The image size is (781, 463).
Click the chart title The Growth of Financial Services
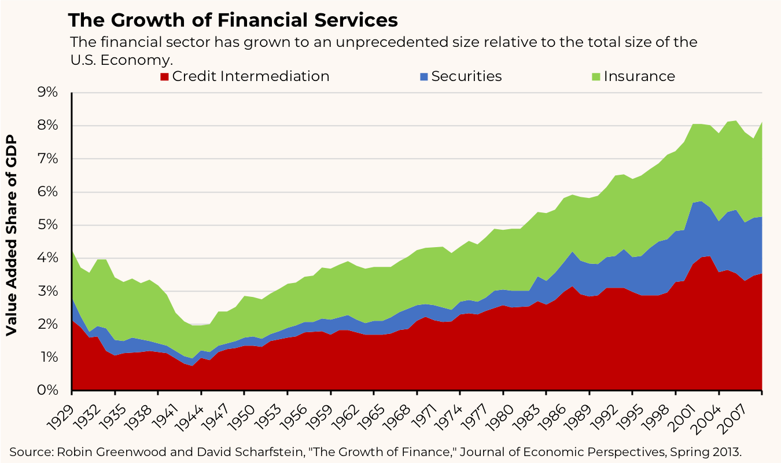coord(233,20)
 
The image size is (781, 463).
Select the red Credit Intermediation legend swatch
coord(164,77)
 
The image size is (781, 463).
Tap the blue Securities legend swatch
coord(424,77)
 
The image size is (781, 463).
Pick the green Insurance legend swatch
coord(596,77)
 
